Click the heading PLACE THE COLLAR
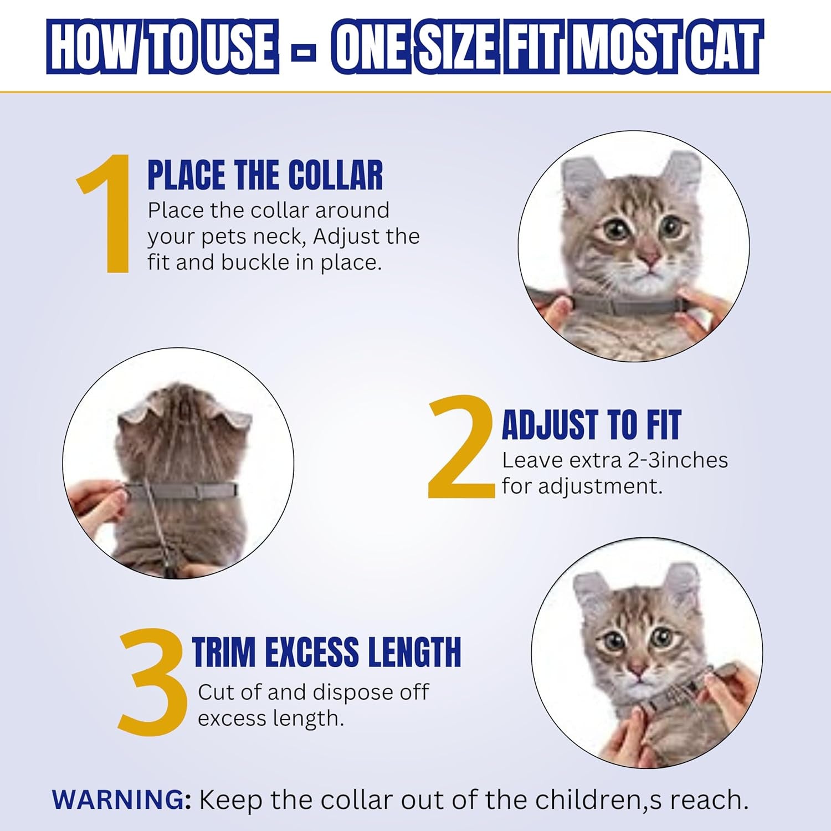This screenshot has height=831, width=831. [265, 175]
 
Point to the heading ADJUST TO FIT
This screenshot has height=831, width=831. [591, 425]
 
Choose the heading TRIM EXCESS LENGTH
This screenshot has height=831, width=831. [327, 652]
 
